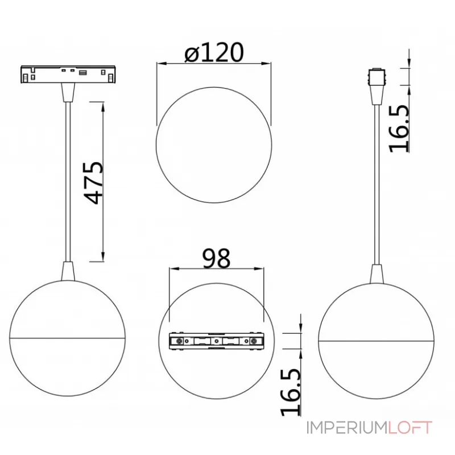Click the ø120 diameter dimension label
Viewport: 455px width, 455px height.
(214, 52)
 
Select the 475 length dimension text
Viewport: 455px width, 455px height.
(93, 183)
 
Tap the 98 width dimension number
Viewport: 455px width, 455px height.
(217, 258)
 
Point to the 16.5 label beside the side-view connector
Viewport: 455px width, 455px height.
(399, 129)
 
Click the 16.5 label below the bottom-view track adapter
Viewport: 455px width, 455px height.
(290, 392)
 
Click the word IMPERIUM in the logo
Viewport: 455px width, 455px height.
(347, 428)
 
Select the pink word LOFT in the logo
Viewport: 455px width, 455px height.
(410, 428)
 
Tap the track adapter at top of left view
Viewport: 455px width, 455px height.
(68, 75)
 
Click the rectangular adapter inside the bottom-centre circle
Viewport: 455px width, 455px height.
(217, 341)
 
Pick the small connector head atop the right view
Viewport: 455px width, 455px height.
(377, 77)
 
